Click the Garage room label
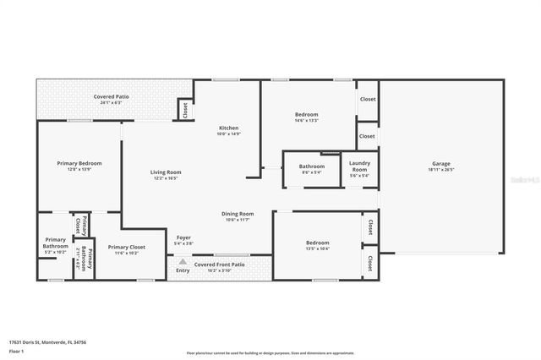point(440,164)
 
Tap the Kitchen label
point(228,128)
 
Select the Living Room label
point(167,172)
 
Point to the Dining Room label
point(238,214)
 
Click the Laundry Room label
point(359,164)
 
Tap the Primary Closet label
point(126,247)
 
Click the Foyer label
point(183,237)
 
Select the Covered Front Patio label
point(219,265)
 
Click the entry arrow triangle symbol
point(182,262)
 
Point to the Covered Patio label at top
point(111,97)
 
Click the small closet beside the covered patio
point(183,109)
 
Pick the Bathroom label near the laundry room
point(311,166)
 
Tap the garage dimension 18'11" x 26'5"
point(440,170)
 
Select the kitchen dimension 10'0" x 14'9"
point(228,134)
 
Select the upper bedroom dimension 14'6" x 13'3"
point(306,120)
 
